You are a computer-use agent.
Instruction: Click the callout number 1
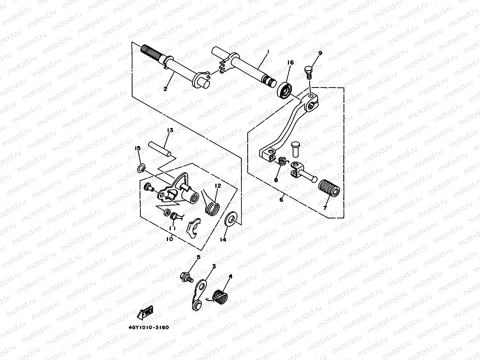pos(268,52)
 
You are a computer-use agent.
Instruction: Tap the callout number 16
pos(290,63)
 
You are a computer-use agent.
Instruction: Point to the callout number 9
pos(319,53)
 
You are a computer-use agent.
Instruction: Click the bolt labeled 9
pos(309,72)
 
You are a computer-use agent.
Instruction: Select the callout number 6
pos(281,200)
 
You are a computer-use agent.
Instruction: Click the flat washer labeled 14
pos(231,218)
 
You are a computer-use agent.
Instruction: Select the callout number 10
pos(170,239)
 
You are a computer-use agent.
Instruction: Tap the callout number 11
pos(172,228)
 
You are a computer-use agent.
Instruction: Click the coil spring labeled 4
pos(220,297)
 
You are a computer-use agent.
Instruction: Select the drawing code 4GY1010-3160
pos(148,327)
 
